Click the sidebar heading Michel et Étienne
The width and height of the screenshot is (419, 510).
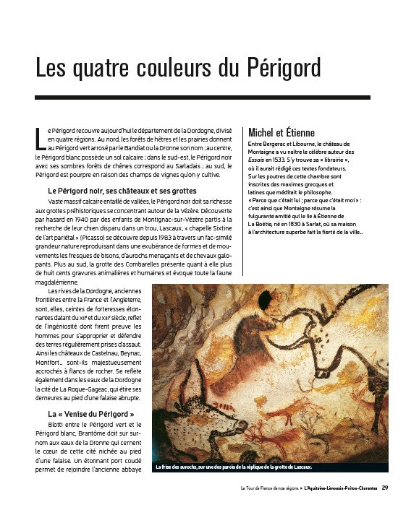(282, 132)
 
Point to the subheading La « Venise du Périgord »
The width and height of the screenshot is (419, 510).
(91, 414)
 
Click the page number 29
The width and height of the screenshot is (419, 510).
(385, 488)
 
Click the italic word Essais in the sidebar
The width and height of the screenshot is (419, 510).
(257, 160)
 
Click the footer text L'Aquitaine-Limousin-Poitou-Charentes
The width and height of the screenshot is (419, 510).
(341, 488)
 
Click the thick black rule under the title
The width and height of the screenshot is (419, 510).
(203, 97)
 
